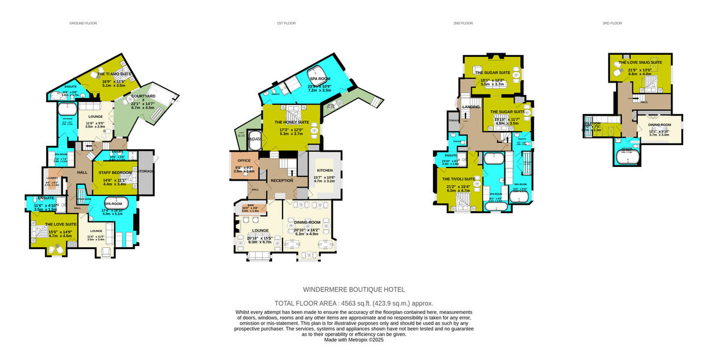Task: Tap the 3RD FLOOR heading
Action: (x=612, y=24)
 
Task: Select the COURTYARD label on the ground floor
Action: (x=143, y=98)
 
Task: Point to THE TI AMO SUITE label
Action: (x=114, y=74)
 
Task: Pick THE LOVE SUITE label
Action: (x=61, y=224)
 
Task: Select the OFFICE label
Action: (x=244, y=161)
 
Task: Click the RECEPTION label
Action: (x=282, y=181)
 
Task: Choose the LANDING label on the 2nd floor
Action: (x=471, y=107)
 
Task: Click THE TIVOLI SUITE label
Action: (x=459, y=179)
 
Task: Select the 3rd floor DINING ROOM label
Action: (x=660, y=125)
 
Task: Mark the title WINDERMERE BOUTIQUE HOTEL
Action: (x=353, y=290)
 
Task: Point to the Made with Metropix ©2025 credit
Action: (x=353, y=339)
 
